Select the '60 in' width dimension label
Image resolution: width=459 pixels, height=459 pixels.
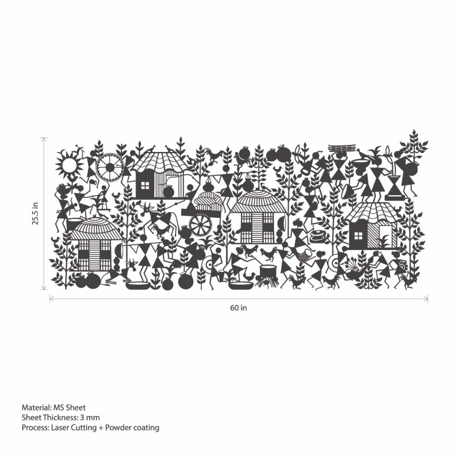[x=238, y=308]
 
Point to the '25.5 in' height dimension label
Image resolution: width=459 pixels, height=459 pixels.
[x=35, y=213]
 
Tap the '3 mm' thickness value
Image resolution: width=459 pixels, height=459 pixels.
[x=90, y=417]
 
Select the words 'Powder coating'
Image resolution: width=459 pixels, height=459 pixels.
[x=132, y=428]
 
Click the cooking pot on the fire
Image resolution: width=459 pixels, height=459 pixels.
[x=268, y=271]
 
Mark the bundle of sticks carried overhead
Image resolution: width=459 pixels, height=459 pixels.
[x=343, y=148]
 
